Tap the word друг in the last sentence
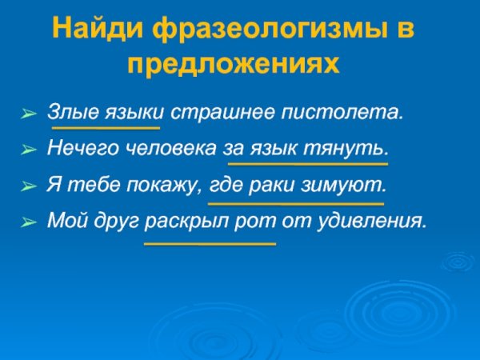click(x=113, y=220)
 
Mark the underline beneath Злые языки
click(x=106, y=127)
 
